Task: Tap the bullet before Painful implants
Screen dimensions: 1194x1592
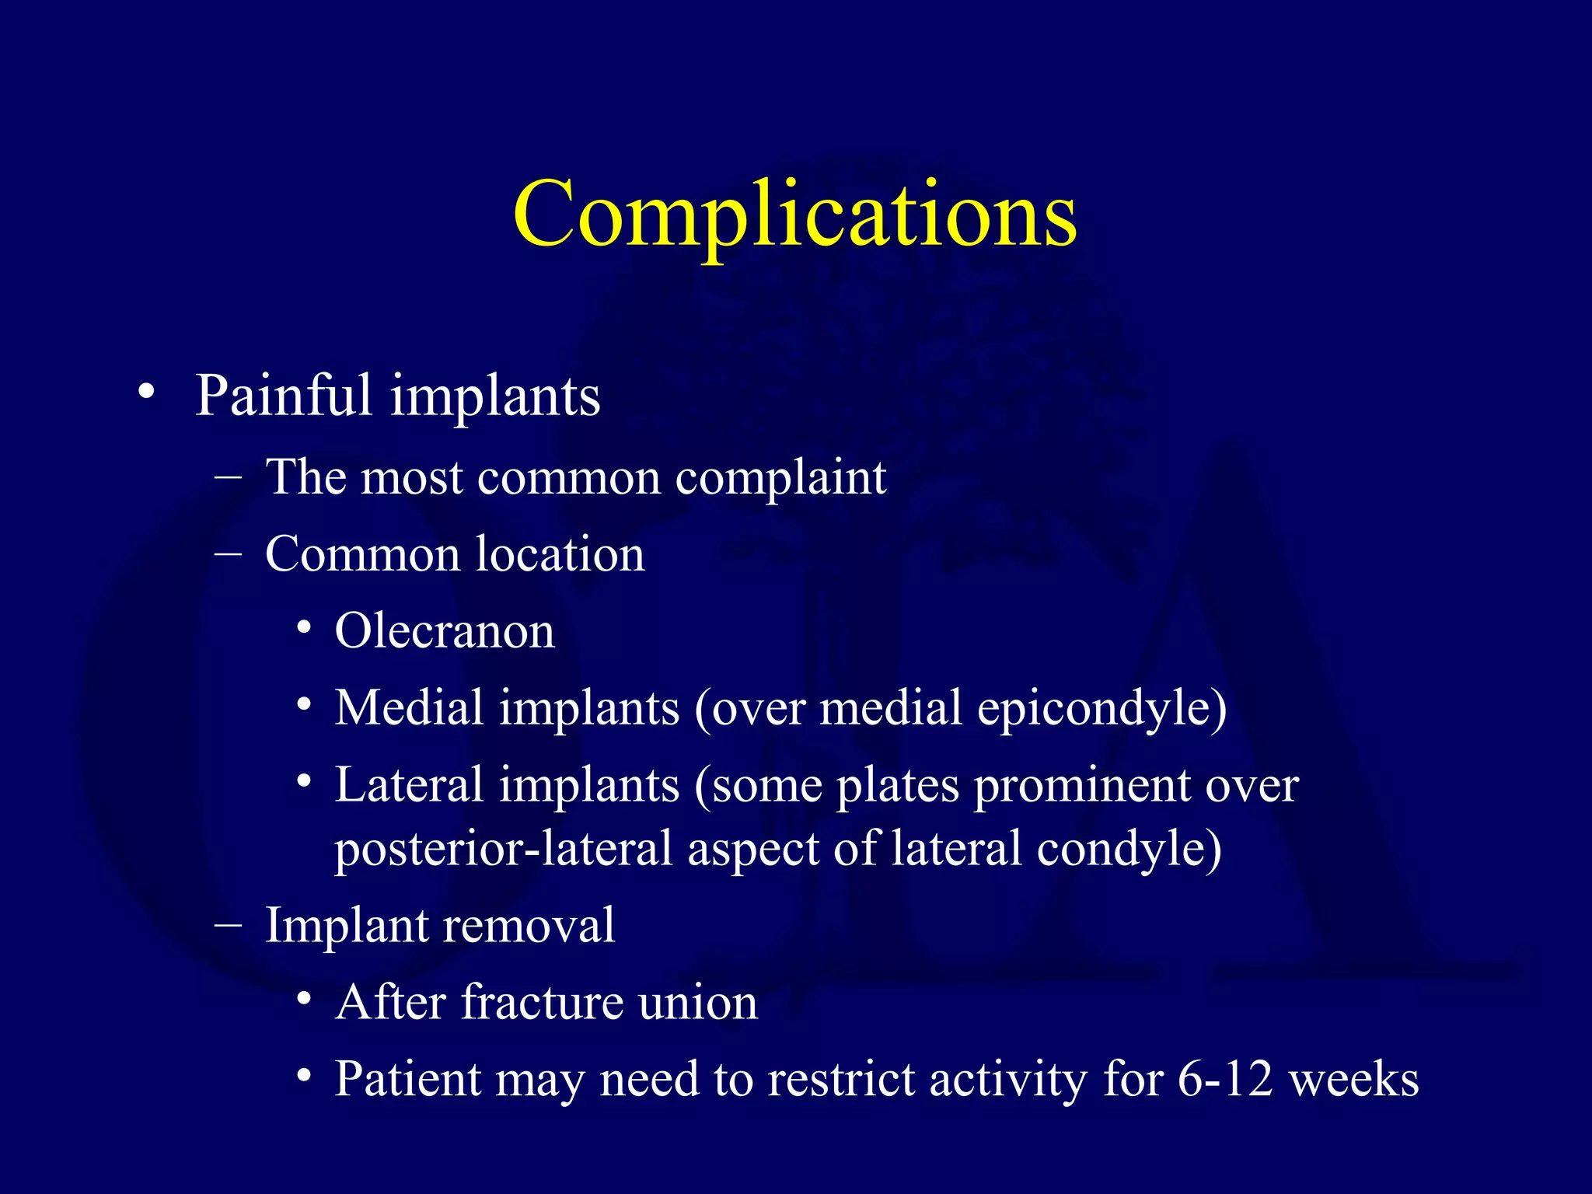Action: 146,393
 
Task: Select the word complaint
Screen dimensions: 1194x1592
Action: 780,477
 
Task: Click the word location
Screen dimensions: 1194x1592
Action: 560,554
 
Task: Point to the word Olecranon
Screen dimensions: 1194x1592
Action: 445,630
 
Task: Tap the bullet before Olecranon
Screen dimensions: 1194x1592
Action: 305,627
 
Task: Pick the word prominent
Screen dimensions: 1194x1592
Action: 1081,787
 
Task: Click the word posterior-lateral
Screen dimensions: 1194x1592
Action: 503,848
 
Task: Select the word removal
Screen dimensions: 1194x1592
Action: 537,925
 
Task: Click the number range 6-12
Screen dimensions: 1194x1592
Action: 1225,1079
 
